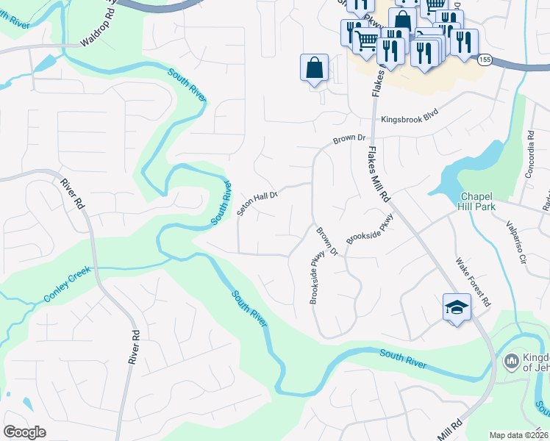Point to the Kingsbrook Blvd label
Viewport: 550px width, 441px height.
pos(409,119)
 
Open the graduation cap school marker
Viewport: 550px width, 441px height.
pos(456,306)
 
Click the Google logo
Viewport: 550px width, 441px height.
pos(24,431)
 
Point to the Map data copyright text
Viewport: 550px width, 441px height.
pos(519,435)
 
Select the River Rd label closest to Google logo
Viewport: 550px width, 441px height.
pos(135,346)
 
